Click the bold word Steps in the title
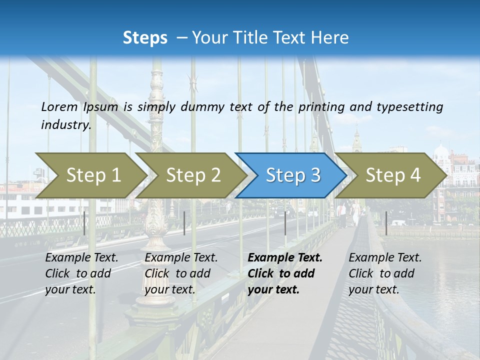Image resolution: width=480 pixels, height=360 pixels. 145,38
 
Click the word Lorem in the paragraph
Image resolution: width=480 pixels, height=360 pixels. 59,106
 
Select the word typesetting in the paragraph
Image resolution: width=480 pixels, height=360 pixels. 410,106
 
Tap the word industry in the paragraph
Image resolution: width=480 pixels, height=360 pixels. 65,125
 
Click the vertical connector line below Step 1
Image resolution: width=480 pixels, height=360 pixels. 84,223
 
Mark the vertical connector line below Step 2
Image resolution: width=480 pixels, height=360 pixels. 184,223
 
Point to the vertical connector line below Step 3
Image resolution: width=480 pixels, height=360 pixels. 285,223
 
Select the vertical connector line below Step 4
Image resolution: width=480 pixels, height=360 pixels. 386,223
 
